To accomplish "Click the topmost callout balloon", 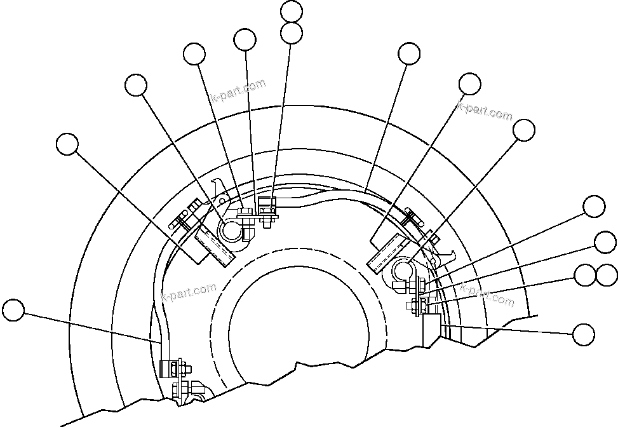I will [292, 11].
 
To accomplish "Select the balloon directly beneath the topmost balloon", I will [292, 32].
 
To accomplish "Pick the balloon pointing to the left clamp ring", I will [136, 85].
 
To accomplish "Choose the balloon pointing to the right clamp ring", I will [524, 130].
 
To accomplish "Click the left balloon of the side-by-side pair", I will [585, 275].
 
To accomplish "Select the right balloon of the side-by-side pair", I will [607, 275].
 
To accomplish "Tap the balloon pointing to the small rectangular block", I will [583, 334].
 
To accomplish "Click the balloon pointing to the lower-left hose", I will [13, 311].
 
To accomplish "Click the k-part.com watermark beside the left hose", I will [189, 293].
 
